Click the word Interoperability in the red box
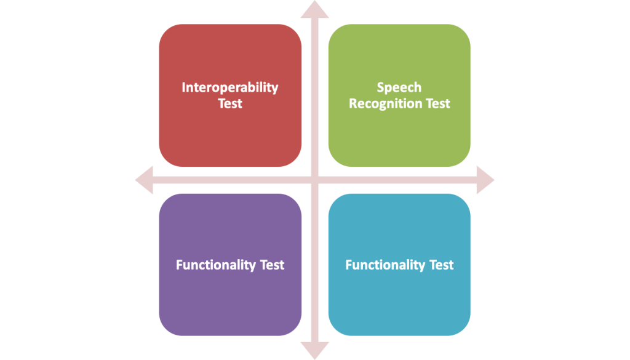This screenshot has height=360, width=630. coord(230,87)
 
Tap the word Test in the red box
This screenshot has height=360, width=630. coord(230,103)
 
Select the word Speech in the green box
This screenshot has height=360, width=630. coord(399,87)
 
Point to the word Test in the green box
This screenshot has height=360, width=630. coord(437,103)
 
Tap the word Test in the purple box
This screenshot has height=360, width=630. coord(271,265)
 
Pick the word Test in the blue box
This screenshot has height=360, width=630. coord(441,265)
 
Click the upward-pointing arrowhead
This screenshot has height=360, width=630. coord(314,9)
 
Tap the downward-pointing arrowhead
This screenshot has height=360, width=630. coord(314,351)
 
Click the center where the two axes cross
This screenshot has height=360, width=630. coord(314,180)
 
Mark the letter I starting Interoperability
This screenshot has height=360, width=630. coord(183,87)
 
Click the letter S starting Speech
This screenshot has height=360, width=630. coord(380,87)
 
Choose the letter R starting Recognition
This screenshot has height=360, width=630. coord(353,103)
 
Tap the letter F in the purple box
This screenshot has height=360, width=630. coord(180,265)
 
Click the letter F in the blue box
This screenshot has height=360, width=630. coord(349,265)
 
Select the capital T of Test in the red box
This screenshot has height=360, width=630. coord(221,103)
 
